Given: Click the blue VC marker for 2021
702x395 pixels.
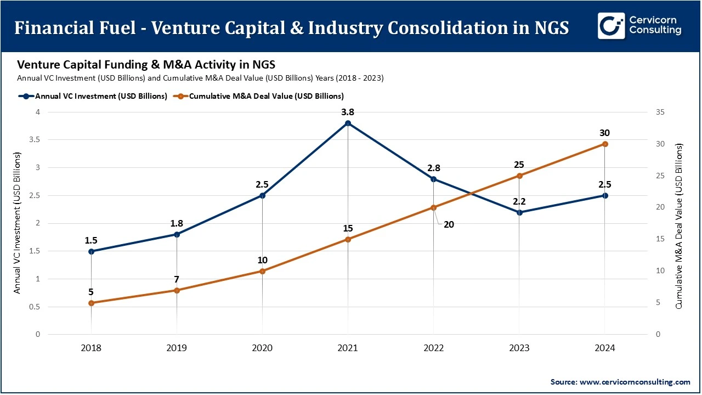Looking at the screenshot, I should [x=348, y=123].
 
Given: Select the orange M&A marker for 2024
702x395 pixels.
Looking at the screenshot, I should [x=604, y=144].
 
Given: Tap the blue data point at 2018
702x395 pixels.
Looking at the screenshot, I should [x=91, y=251].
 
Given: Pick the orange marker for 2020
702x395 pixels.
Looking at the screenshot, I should [x=262, y=271].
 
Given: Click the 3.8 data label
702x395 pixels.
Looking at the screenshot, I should [x=348, y=112].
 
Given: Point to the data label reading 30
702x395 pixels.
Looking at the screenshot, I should [x=604, y=133].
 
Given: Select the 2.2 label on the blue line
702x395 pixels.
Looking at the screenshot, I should [x=519, y=201].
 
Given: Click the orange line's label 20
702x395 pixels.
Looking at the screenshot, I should [x=449, y=224].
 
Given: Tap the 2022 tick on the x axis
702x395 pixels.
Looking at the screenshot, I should [x=433, y=348].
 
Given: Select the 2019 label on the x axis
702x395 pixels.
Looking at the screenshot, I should [x=177, y=348].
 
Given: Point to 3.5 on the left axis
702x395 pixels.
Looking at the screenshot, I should [x=33, y=140].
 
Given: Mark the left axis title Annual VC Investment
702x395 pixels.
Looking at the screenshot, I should [x=18, y=223].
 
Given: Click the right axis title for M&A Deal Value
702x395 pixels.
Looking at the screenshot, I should [x=679, y=225].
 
